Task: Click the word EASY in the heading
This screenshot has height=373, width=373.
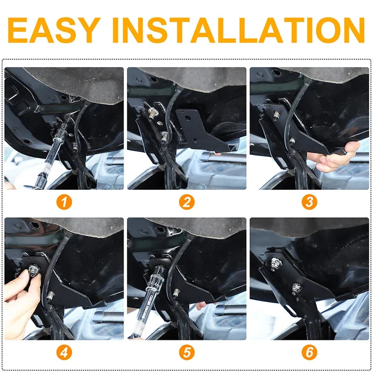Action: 54,30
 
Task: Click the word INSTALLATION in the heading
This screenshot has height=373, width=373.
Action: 238,30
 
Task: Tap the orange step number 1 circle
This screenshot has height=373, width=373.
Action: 64,202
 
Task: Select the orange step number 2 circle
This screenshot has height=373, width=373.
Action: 187,202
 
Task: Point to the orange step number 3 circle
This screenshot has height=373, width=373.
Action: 309,202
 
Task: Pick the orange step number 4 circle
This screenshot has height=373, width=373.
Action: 64,352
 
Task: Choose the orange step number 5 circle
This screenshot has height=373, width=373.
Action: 187,352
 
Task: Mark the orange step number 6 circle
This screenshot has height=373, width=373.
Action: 309,352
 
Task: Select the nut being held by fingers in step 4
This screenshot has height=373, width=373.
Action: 33,270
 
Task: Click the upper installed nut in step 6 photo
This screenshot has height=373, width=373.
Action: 276,264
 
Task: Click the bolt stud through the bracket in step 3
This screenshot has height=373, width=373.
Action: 276,116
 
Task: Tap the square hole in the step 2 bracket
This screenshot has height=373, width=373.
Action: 188,118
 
